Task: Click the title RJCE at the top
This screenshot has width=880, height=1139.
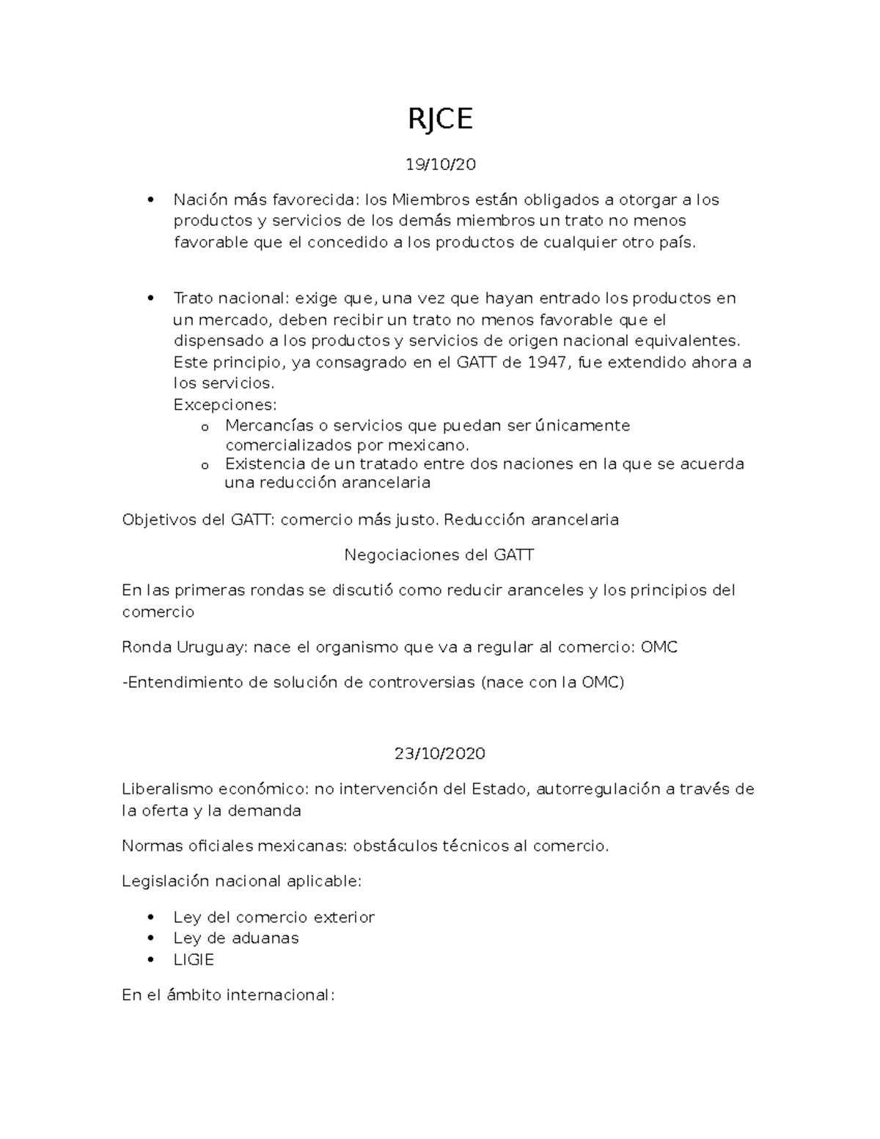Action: [x=440, y=118]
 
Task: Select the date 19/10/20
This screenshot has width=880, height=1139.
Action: [x=440, y=164]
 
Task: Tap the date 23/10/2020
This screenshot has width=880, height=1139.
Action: [x=440, y=753]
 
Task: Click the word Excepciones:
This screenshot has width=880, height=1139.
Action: [x=225, y=405]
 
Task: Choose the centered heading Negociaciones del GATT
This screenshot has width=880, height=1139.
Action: [x=439, y=554]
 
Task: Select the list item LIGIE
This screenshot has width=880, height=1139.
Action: [x=194, y=959]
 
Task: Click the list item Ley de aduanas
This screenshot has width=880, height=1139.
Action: [x=235, y=938]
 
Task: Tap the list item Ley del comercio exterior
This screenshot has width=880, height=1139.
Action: [x=274, y=917]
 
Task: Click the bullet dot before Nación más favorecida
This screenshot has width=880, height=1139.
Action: [x=150, y=200]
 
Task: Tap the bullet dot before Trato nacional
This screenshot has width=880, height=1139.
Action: [x=150, y=299]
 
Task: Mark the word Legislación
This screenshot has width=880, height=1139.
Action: [x=166, y=881]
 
